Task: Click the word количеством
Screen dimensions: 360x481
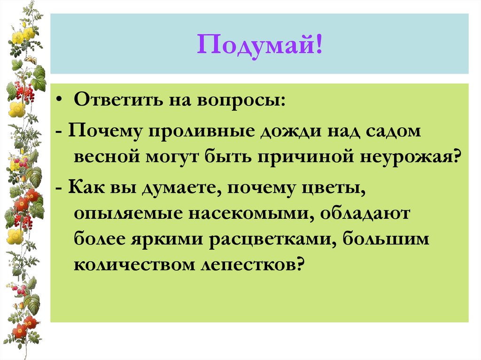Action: (130, 265)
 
